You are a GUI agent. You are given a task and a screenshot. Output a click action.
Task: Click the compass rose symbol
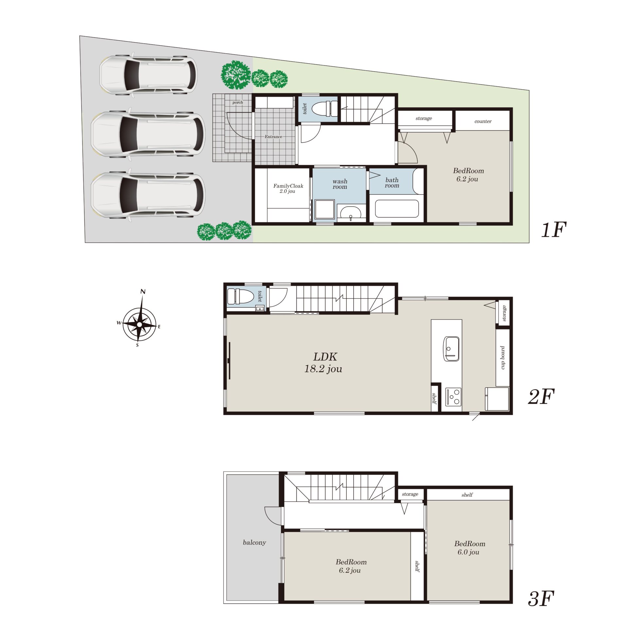[x=139, y=324]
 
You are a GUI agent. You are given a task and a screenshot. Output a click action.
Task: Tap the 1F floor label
[x=553, y=230]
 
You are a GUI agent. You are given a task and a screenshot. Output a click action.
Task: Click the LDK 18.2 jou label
[x=323, y=363]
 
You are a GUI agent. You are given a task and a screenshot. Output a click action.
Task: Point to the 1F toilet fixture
[x=325, y=108]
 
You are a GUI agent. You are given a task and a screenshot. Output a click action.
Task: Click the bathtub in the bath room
[x=397, y=208]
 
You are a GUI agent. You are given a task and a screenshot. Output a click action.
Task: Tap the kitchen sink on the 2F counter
[x=451, y=349]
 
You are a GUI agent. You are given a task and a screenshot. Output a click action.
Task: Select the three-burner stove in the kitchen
[x=453, y=397]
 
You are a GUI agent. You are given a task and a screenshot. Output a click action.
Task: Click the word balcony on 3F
[x=254, y=542]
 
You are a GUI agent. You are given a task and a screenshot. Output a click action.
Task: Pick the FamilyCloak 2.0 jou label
[x=288, y=188]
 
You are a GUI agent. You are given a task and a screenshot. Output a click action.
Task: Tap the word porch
[x=238, y=102]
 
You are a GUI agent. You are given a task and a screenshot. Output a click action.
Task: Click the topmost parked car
[x=148, y=75]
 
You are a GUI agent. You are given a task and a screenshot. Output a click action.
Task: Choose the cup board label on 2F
[x=503, y=358]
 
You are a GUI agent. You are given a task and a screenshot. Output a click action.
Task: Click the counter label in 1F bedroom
[x=483, y=121]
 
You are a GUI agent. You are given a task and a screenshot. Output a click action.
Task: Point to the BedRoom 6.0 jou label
[x=469, y=548]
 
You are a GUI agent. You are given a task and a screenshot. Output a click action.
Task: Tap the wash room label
[x=340, y=184]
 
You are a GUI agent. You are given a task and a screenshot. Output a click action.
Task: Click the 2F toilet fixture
[x=240, y=296]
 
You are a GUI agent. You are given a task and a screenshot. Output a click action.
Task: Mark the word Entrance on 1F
[x=273, y=137]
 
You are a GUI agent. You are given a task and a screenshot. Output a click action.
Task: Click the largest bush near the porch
[x=236, y=75]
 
